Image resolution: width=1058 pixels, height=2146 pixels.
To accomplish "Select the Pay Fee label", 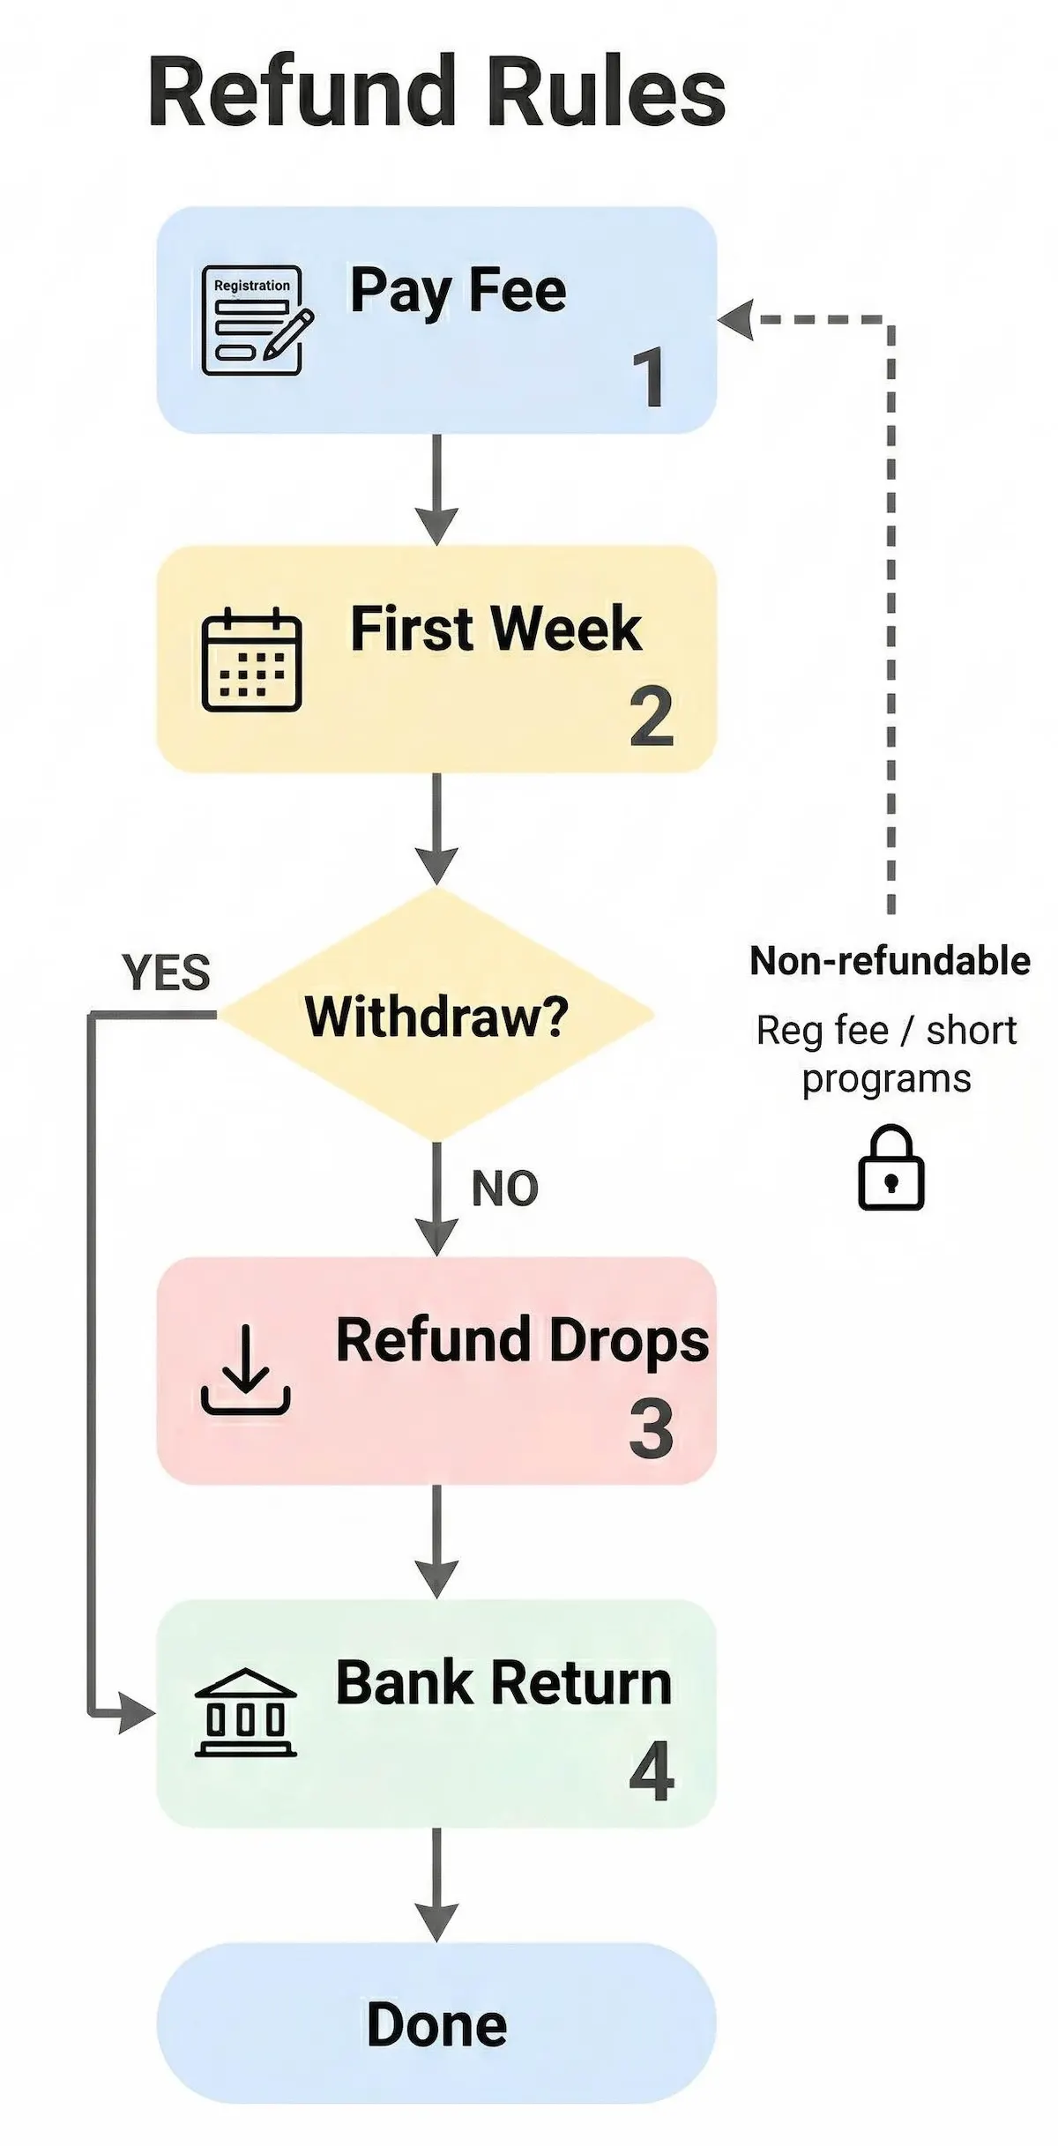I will pos(458,291).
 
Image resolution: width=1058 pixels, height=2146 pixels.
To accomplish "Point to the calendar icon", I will pos(251,659).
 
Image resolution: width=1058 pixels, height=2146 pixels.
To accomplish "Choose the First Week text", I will pos(495,630).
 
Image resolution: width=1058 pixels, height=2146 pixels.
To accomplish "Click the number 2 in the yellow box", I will pos(652,718).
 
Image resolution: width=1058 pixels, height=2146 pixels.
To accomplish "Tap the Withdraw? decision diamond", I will pos(436,1016).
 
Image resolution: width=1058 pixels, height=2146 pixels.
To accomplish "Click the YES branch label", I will pos(167,973).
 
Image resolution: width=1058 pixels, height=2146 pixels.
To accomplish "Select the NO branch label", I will pos(504,1188).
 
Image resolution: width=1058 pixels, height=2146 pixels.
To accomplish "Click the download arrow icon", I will pos(245,1370).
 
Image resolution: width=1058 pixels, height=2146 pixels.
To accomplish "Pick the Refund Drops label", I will pos(522,1341).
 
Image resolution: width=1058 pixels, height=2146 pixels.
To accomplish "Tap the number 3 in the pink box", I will pos(651,1429).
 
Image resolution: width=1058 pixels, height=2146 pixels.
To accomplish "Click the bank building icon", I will pos(245,1712).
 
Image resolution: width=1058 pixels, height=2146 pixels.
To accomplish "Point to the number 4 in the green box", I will pos(652,1771).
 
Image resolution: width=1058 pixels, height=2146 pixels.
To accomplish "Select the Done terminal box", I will pos(436,2024).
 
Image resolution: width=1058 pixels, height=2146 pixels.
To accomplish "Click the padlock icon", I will pos(890,1168).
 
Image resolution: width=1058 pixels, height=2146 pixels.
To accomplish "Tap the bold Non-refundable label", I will pos(889,961).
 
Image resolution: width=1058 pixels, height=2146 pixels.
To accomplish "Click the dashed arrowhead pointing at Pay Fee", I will pos(737,319).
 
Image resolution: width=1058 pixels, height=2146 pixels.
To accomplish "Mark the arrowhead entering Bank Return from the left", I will pos(138,1713).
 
